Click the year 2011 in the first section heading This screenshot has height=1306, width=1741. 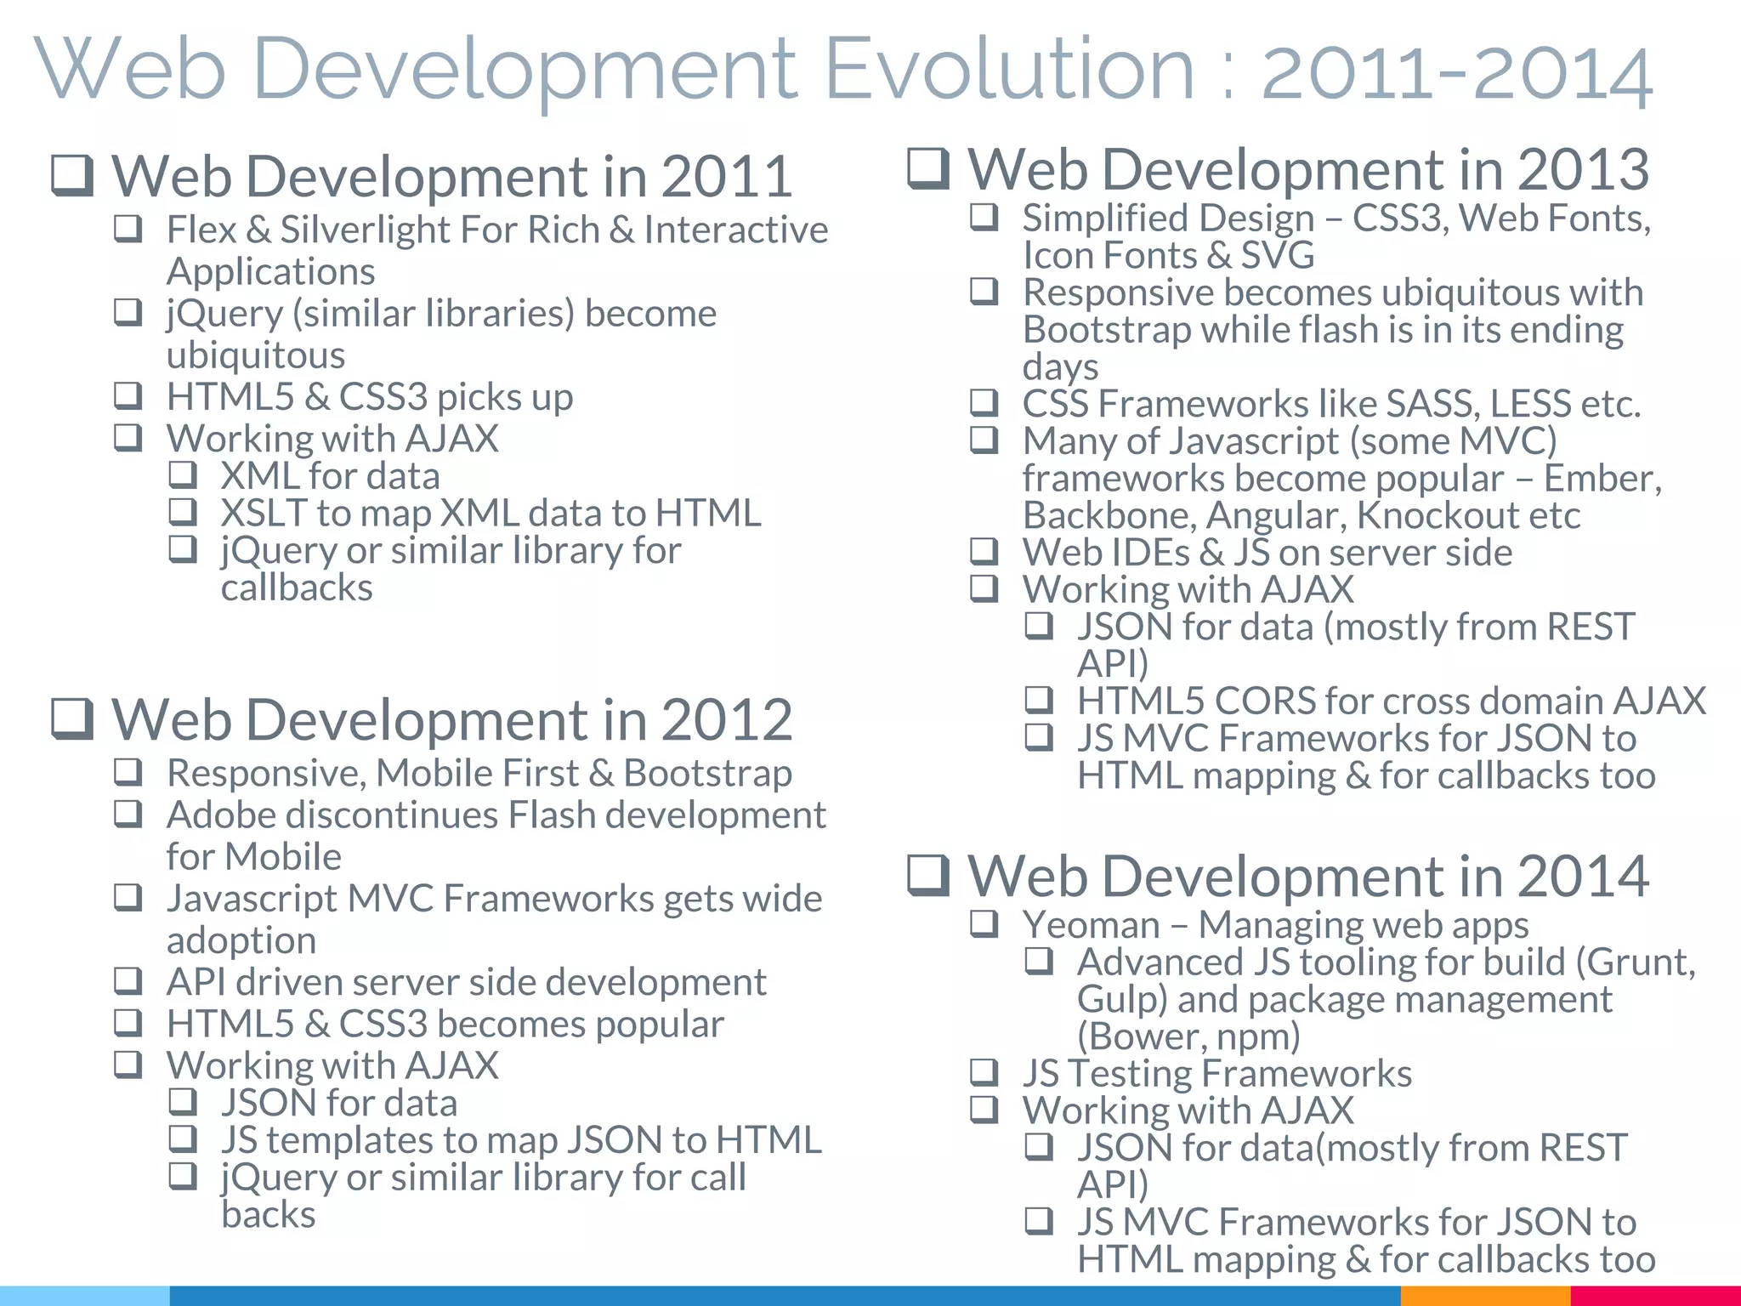click(727, 177)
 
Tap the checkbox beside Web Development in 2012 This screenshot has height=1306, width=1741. click(72, 718)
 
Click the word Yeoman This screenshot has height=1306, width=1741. click(1091, 925)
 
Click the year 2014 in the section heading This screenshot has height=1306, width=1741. click(1583, 877)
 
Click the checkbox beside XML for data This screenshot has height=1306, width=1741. click(183, 474)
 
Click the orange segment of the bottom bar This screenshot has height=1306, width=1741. click(1484, 1296)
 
